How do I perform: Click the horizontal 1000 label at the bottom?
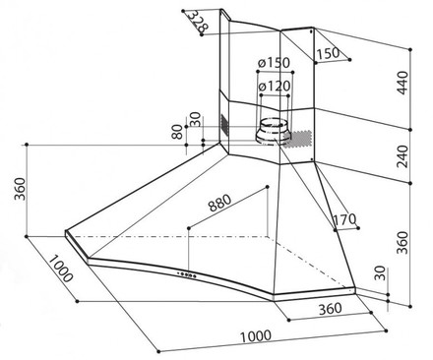[x=255, y=337]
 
